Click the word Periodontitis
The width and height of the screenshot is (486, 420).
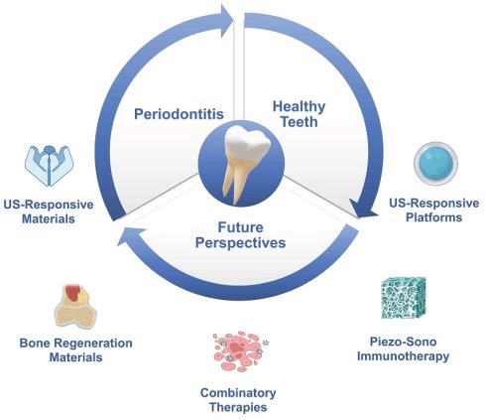coord(179,114)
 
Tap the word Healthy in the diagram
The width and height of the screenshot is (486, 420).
coord(299,106)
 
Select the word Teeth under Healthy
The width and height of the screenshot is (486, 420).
coord(299,122)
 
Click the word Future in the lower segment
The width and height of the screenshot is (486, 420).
coord(240,227)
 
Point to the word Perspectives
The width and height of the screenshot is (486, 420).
coord(240,242)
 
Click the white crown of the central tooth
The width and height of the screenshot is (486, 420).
coord(247,143)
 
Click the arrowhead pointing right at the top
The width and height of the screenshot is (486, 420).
coord(227,21)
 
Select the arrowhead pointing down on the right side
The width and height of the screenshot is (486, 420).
coord(363,209)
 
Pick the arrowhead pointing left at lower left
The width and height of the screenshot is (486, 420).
coord(130,236)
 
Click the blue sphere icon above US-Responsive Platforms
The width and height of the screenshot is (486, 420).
coord(435,163)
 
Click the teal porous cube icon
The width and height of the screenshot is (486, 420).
coord(404,298)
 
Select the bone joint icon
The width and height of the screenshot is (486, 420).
coord(75,306)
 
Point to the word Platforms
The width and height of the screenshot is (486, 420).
coord(433,217)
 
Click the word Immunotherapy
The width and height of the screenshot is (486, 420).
coord(403,356)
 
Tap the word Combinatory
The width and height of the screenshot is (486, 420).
coord(238,393)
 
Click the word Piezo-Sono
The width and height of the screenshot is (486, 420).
coord(403,342)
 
